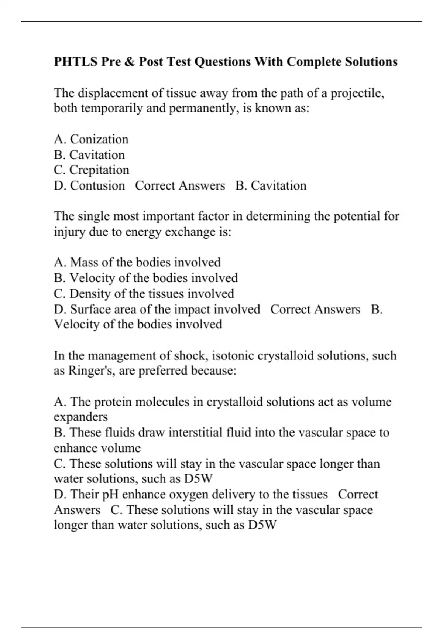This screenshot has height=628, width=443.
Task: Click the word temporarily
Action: tap(111, 108)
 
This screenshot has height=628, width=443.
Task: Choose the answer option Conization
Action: tap(99, 139)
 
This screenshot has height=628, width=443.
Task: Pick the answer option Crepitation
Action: tap(99, 170)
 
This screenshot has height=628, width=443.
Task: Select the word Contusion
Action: tap(97, 185)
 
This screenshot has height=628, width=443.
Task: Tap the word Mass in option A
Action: tap(84, 262)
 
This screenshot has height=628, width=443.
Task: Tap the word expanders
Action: tap(81, 417)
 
